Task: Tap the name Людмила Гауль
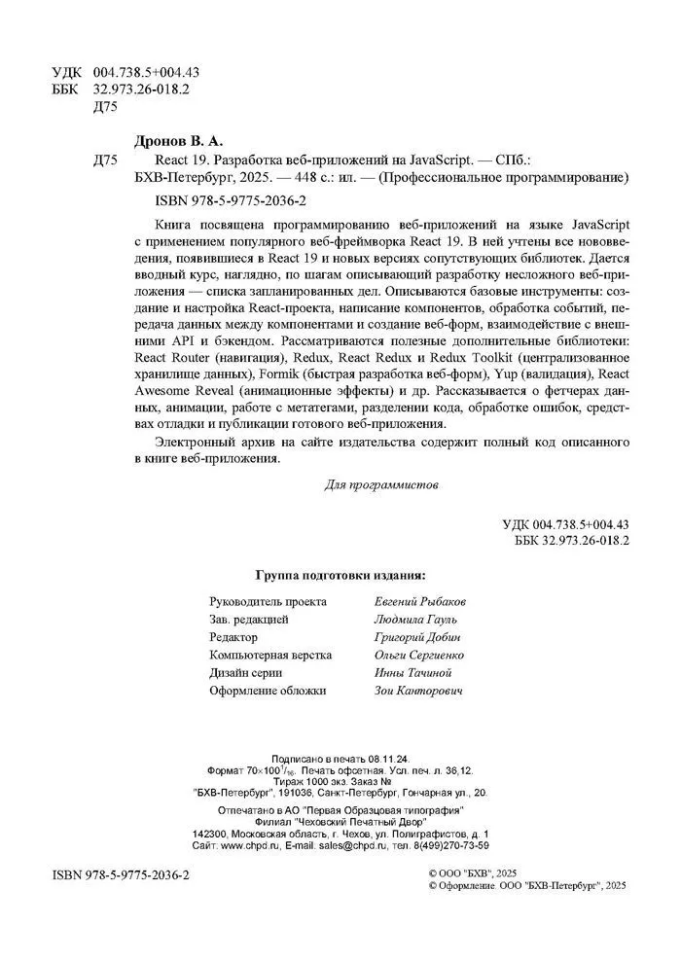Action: [x=414, y=620]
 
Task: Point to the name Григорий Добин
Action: [x=415, y=637]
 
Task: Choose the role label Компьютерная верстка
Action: [x=269, y=656]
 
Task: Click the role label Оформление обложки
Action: [x=268, y=691]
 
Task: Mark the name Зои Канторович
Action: [x=417, y=691]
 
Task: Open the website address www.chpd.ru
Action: [x=252, y=847]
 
